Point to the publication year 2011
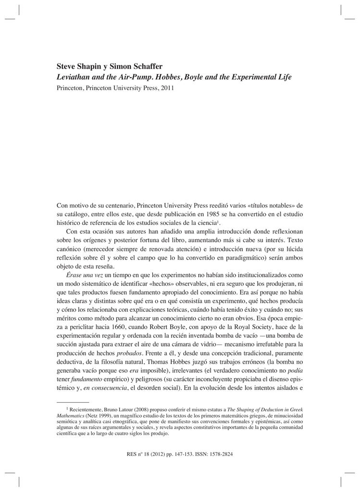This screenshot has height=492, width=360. (x=165, y=88)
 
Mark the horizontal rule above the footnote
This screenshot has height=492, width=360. (x=73, y=400)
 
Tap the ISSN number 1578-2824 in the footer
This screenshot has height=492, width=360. (x=220, y=454)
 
